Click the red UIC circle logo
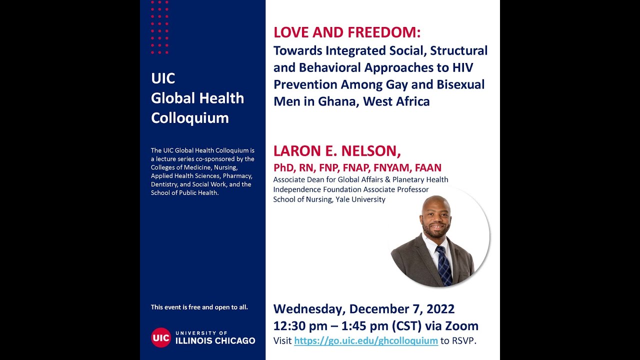click(161, 337)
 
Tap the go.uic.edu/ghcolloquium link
click(365, 341)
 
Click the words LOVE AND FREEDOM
click(347, 33)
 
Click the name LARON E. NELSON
click(337, 150)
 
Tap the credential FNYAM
click(390, 168)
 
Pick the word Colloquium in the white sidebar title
click(189, 118)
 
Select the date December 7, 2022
click(401, 309)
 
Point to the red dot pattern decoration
click(160, 27)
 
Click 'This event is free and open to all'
click(199, 307)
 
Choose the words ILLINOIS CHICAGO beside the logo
click(215, 341)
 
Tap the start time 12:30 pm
click(298, 326)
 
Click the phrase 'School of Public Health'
click(184, 193)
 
